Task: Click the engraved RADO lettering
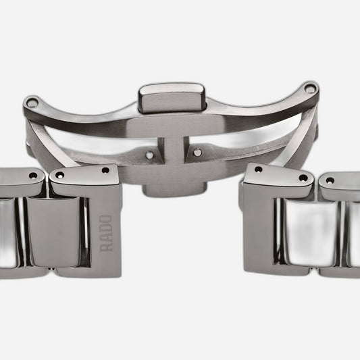[x=107, y=234]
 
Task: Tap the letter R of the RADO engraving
[x=107, y=247]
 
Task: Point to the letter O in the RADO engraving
[x=107, y=220]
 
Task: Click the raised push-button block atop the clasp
[x=172, y=98]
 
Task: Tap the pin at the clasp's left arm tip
[x=32, y=103]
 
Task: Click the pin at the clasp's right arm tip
[x=310, y=89]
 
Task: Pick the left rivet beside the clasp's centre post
[x=150, y=155]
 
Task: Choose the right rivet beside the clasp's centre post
[x=197, y=152]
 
